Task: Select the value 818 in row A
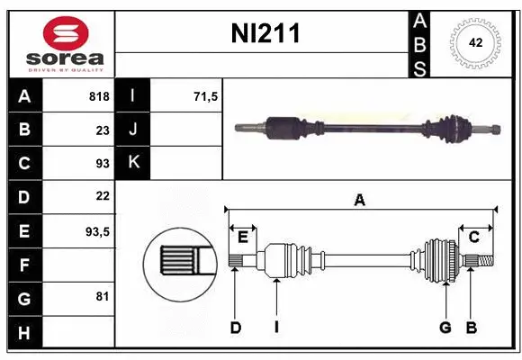(98, 96)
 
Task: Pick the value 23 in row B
(102, 130)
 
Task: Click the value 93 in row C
(102, 163)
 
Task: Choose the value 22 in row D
(102, 196)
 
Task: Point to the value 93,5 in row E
(97, 230)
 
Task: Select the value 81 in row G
(102, 296)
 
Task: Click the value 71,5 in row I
(207, 96)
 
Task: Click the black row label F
(24, 264)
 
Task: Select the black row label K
(133, 163)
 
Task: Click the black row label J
(133, 130)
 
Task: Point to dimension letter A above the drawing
(359, 200)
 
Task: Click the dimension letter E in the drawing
(242, 237)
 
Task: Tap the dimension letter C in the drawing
(473, 237)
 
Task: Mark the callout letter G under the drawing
(445, 328)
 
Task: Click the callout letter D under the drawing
(235, 328)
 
